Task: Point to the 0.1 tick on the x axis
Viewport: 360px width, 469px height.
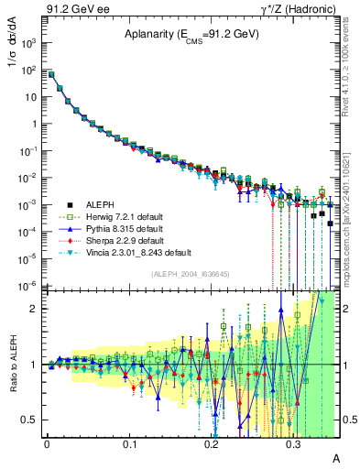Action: [128, 442]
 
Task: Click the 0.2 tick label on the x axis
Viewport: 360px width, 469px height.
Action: [211, 442]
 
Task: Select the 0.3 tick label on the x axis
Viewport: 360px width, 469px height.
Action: [293, 442]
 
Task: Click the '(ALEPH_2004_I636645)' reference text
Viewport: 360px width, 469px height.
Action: [190, 274]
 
